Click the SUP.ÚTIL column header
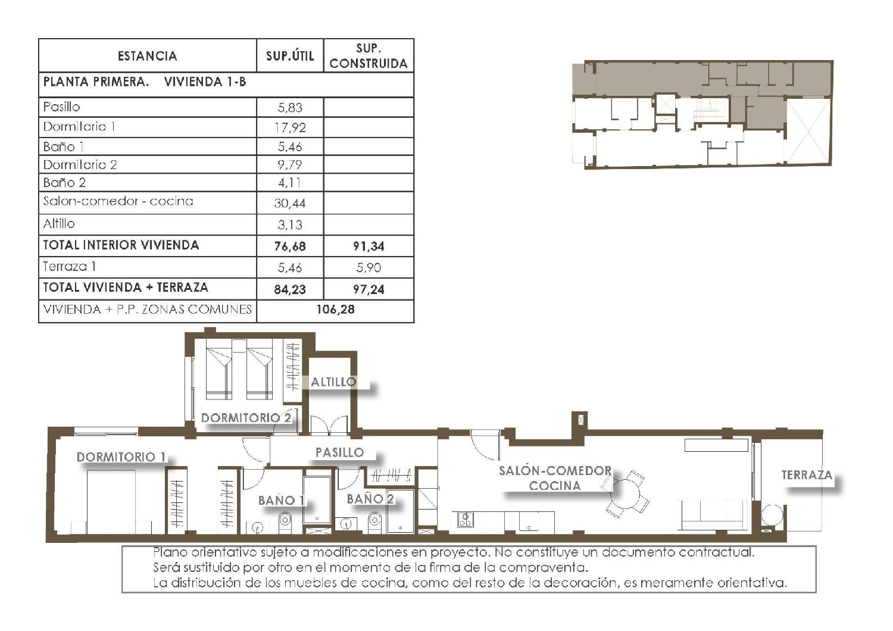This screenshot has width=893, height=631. coord(290,56)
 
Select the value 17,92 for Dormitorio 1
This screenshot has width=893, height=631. coord(290,127)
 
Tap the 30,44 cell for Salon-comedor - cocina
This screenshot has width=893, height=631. coord(290,204)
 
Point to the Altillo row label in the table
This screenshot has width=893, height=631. coord(59,224)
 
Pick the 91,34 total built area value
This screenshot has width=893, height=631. coord(369,246)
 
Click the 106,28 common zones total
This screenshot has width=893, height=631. coord(335,310)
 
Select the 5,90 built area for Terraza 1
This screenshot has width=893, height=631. coord(369,268)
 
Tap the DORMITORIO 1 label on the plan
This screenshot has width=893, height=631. coord(121,457)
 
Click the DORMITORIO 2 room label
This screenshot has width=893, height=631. coord(246,418)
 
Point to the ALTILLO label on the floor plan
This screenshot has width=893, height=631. coord(333,382)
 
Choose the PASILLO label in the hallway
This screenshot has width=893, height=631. coord(339,452)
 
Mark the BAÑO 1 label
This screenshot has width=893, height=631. coord(281,501)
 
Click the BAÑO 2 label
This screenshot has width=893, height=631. coord(370,499)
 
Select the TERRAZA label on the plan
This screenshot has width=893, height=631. coord(807,475)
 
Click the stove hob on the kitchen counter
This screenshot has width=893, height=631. coord(466,520)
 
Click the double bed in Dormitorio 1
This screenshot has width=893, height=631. coord(111,502)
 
